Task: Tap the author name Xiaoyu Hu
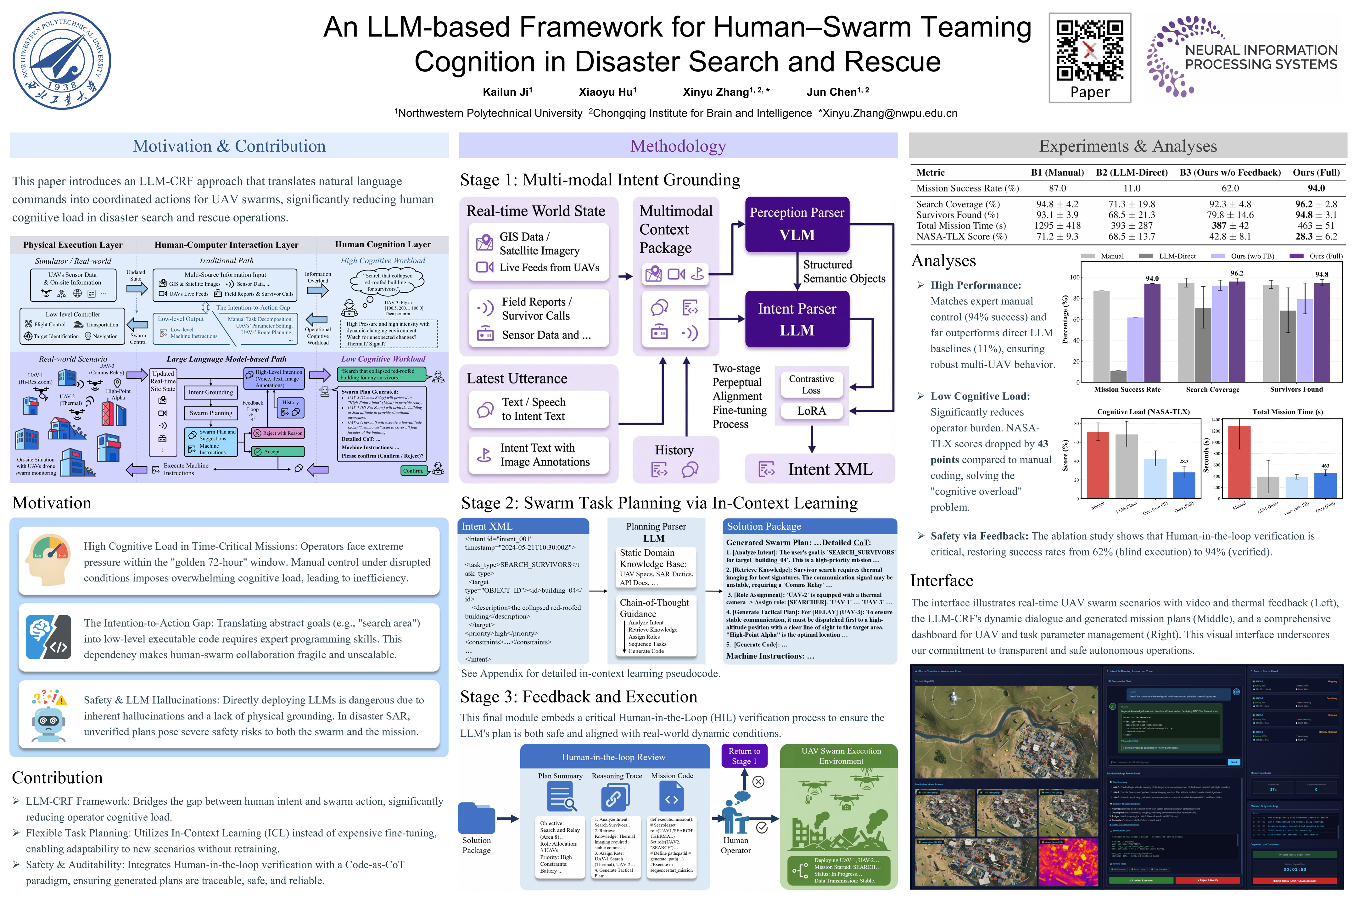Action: tap(607, 92)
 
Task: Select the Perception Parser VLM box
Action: tap(797, 224)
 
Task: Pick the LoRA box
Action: tap(811, 411)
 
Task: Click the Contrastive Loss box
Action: tap(811, 384)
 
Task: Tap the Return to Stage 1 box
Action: tap(744, 756)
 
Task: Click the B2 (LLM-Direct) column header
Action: tap(1131, 173)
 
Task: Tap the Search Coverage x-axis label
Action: tap(1212, 389)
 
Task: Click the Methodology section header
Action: tap(678, 146)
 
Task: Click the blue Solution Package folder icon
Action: tap(477, 818)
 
